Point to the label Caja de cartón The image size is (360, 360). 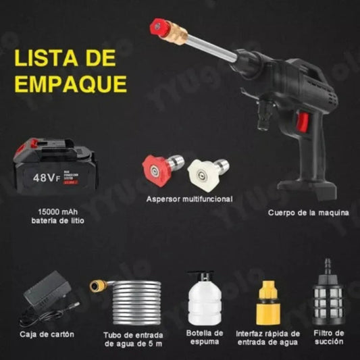point(47,334)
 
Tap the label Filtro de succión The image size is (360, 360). point(329,338)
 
